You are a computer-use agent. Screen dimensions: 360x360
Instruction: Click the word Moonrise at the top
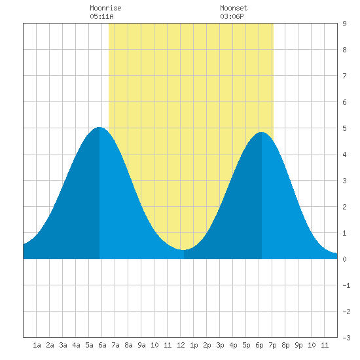[105, 8]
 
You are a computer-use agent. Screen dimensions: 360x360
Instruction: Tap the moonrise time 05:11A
[101, 16]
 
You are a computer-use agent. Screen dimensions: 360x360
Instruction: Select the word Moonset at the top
[234, 8]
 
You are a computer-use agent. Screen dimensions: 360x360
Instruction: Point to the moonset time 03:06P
[232, 16]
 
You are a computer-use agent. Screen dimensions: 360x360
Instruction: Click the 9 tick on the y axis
[344, 24]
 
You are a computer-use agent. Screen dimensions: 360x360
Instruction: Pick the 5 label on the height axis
[344, 128]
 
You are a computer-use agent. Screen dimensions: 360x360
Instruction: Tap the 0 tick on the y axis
[344, 259]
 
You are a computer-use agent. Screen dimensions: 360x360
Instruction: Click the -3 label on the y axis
[346, 338]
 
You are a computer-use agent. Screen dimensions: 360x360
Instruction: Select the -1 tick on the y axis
[346, 285]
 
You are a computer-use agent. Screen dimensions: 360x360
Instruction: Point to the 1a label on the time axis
[37, 345]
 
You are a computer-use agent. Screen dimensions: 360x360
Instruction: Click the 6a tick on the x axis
[102, 345]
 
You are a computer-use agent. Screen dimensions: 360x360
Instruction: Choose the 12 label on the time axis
[181, 345]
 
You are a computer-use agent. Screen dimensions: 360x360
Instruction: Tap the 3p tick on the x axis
[220, 345]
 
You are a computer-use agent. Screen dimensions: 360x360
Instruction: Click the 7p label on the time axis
[272, 345]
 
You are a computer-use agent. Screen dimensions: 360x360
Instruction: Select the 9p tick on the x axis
[298, 345]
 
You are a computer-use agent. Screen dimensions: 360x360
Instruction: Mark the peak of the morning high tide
[99, 127]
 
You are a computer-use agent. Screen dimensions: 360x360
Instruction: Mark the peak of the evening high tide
[262, 132]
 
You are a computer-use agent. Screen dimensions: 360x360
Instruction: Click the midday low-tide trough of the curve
[183, 250]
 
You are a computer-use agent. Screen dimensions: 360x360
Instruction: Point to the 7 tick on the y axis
[344, 76]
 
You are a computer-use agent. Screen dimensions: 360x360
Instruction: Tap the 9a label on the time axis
[141, 345]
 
